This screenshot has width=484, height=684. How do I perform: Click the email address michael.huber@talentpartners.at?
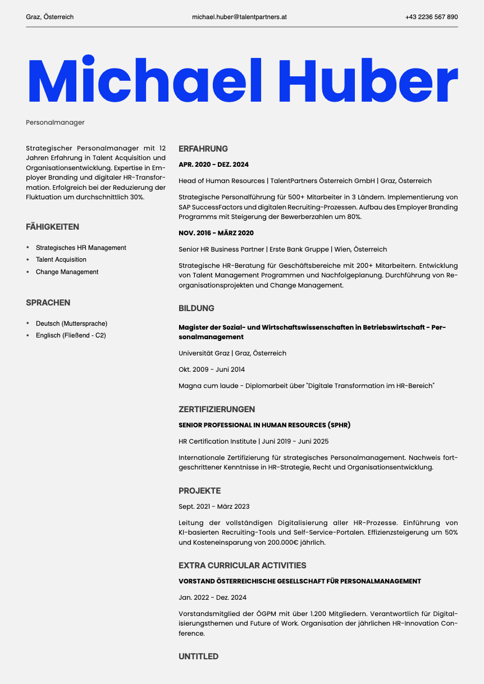239,17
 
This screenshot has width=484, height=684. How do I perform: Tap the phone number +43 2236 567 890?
431,17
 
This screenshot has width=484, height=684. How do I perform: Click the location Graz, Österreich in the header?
50,17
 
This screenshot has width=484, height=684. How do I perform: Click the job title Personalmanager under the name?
55,122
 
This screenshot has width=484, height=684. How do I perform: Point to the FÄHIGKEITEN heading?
52,227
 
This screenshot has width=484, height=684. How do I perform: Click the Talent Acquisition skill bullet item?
61,259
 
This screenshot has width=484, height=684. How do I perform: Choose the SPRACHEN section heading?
48,303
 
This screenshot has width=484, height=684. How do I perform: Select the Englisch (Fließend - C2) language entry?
71,335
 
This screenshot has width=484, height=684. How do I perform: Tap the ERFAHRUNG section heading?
203,149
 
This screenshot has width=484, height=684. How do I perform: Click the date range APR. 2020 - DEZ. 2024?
213,165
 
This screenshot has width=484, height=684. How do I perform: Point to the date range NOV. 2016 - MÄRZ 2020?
216,233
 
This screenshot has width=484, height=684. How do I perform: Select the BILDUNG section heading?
197,308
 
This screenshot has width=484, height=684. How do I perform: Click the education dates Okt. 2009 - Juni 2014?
212,370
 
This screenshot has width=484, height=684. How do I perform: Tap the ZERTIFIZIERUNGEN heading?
217,409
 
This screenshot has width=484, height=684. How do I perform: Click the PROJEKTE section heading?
200,491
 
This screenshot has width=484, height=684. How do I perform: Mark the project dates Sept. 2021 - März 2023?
214,507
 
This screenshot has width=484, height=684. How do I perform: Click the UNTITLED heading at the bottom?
199,656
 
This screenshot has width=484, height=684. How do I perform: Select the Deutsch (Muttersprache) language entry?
71,323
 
